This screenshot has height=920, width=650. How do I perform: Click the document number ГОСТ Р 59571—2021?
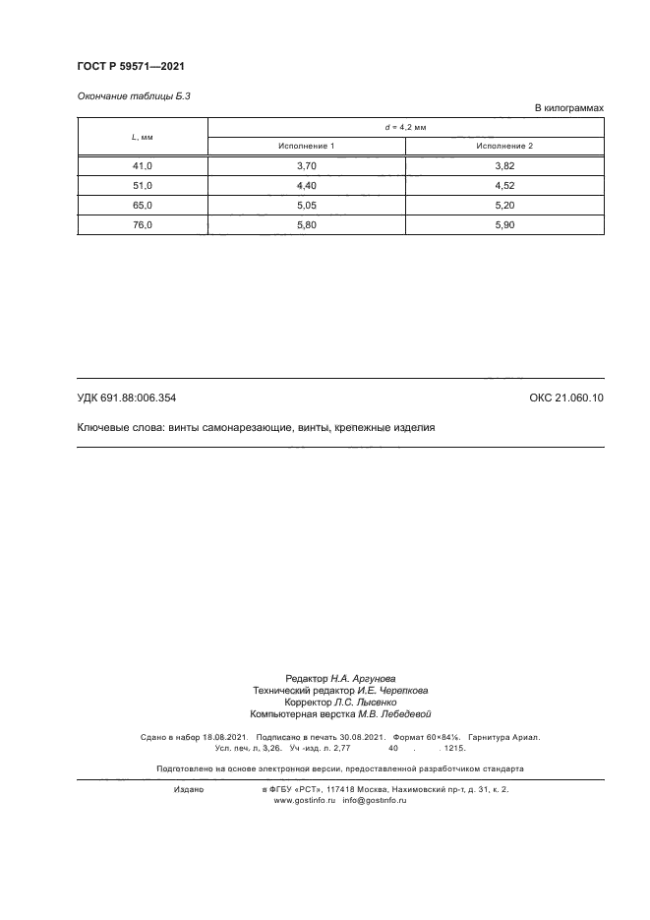click(x=131, y=66)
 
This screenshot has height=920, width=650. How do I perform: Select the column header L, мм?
click(x=142, y=137)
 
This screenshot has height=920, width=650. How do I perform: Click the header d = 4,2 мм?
click(x=404, y=127)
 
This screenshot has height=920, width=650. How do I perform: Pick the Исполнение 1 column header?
click(x=306, y=146)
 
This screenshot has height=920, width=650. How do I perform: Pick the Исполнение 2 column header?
click(x=503, y=146)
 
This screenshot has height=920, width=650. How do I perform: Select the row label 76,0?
click(x=142, y=224)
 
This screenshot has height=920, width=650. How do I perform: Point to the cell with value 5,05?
click(x=306, y=205)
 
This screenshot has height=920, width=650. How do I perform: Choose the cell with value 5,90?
click(x=503, y=224)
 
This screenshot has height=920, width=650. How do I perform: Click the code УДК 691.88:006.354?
click(x=126, y=398)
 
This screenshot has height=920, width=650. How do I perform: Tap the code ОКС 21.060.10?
click(x=566, y=398)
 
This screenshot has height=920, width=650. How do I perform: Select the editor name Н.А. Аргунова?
click(x=363, y=679)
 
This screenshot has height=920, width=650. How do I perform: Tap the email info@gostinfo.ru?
click(x=374, y=801)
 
